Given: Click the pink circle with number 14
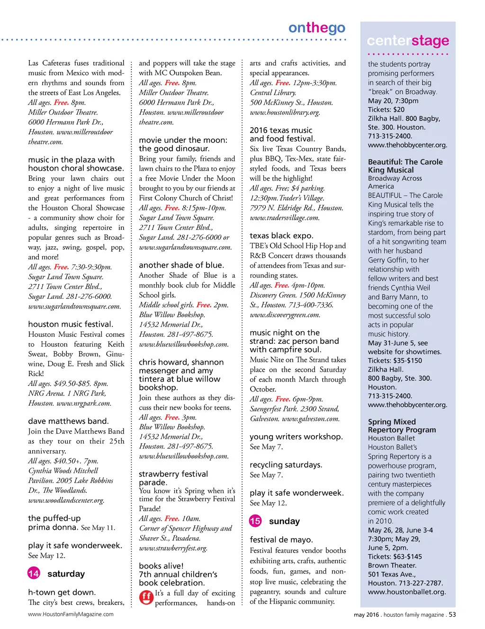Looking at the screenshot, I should coord(34,573).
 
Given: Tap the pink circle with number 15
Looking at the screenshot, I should coord(255,521).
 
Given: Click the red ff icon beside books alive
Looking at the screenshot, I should coord(146,597).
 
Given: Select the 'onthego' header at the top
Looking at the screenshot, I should coord(317,28).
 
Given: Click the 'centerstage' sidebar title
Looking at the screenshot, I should coord(408,41).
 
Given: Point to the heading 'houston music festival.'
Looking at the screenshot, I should coord(71,324).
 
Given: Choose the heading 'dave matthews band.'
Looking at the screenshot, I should coord(68,421).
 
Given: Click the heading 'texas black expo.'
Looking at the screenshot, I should coord(281,236).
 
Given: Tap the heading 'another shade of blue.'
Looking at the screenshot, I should coord(181,265).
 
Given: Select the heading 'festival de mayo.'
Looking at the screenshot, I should coord(281,540).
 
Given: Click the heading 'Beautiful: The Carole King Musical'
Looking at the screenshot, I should coord(405,166).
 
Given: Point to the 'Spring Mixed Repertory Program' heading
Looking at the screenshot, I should coord(402,426).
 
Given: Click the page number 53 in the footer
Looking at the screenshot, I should coord(452,614).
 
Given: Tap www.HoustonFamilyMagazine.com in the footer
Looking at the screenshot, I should coord(71,614).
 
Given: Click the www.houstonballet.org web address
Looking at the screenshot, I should coord(406,592).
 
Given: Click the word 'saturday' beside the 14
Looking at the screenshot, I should coord(66,574).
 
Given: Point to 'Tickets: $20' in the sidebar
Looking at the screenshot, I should coord(386,109).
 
